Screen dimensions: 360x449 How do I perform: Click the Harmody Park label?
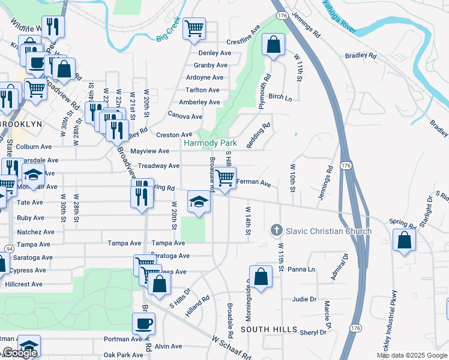tap(210, 143)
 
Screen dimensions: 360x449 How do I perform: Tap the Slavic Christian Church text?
tap(328, 231)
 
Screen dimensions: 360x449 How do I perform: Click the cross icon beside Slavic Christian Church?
tap(276, 230)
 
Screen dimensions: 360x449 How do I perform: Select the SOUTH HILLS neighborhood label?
tap(269, 330)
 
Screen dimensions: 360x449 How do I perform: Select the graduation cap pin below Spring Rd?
tap(199, 201)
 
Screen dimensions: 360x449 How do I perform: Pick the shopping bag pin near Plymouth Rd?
tap(273, 45)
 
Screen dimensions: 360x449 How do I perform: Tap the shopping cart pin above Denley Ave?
tap(194, 28)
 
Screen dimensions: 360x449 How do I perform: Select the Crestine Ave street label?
tap(243, 43)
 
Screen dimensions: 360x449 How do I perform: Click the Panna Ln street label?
tap(302, 270)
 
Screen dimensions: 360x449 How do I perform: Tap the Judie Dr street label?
tap(304, 299)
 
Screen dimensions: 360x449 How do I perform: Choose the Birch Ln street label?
tap(280, 97)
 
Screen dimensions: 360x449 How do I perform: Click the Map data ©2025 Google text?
tap(412, 355)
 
